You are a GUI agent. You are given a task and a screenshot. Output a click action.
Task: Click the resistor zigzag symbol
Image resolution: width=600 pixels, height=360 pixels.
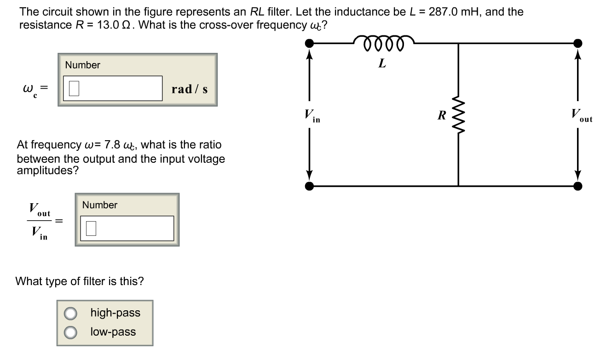[x=458, y=115]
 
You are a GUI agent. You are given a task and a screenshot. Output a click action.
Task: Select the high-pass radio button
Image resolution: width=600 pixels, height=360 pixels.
[x=70, y=314]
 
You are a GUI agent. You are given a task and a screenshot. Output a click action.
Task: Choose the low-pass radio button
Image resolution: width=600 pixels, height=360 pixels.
[x=70, y=332]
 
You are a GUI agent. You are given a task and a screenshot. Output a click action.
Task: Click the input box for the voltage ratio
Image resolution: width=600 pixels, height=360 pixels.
[x=127, y=228]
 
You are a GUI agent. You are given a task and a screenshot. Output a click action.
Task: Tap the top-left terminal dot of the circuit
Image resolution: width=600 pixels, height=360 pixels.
[x=311, y=43]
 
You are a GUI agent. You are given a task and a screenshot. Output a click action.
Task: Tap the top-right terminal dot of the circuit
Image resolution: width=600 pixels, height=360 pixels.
[x=578, y=43]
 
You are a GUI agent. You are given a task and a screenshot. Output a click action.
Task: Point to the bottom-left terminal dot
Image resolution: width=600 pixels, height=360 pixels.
[x=311, y=186]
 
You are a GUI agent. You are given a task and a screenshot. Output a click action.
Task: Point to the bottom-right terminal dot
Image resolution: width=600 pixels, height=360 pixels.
[x=578, y=186]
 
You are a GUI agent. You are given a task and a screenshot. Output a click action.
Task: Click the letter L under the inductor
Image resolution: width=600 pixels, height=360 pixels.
[x=382, y=63]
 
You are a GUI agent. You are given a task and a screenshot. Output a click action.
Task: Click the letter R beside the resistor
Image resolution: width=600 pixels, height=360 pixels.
[x=441, y=115]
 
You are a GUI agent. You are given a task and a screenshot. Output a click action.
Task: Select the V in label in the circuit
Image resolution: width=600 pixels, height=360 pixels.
[x=311, y=115]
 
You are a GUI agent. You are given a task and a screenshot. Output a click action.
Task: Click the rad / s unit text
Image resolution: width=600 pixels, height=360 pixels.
[x=189, y=89]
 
